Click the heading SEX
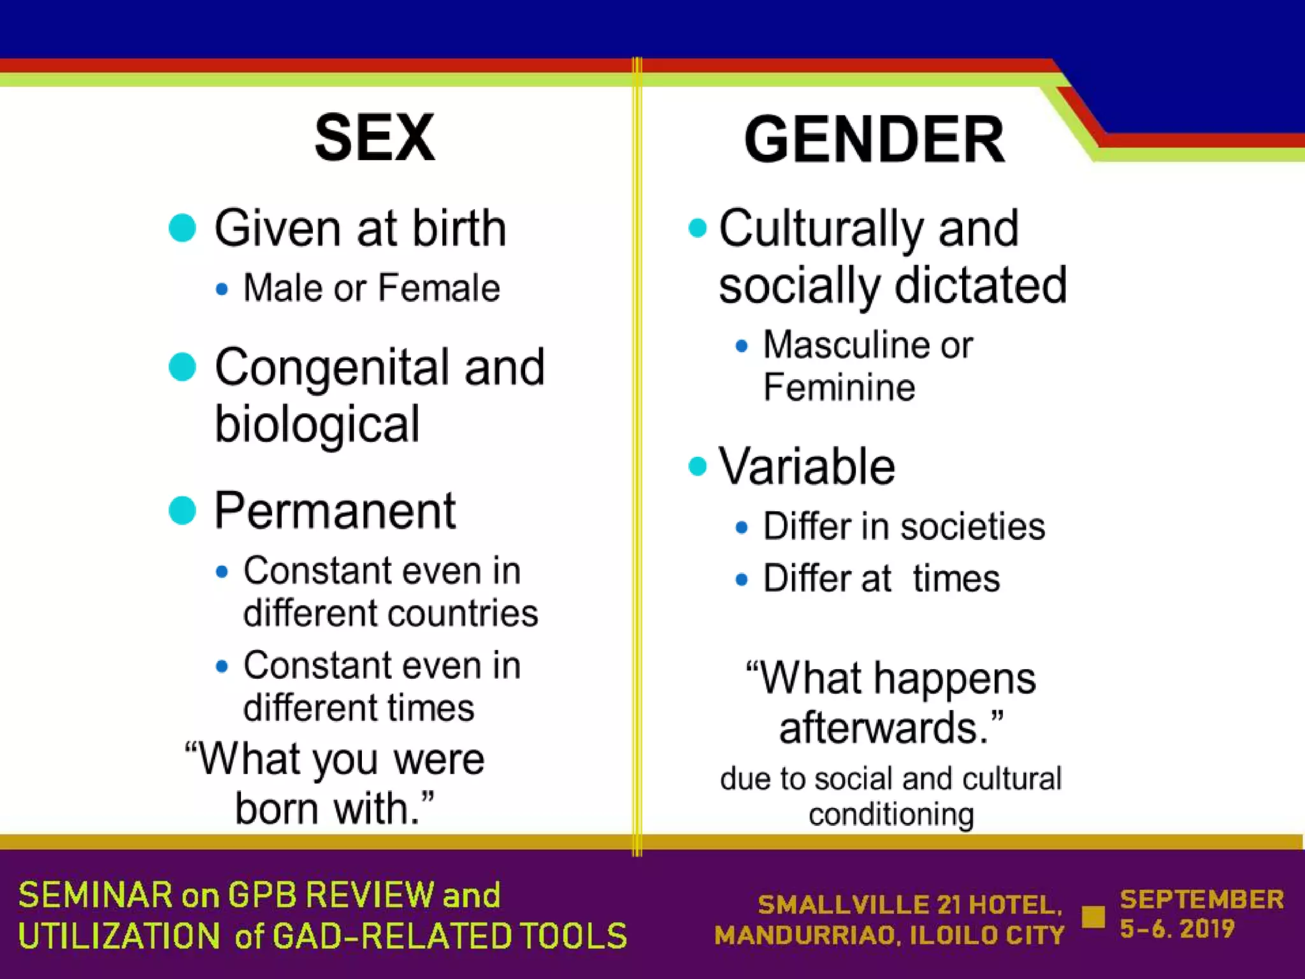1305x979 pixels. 375,138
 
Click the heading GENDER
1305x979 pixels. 874,140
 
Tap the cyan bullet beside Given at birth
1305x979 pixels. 182,228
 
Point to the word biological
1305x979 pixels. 317,424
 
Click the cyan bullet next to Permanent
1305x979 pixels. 182,511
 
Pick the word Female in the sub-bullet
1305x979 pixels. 439,288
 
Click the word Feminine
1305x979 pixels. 839,388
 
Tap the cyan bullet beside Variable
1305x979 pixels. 698,467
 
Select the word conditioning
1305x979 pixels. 891,815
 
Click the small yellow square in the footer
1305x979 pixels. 1093,917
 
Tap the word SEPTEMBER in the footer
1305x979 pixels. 1202,899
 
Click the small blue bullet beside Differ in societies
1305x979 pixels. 741,528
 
